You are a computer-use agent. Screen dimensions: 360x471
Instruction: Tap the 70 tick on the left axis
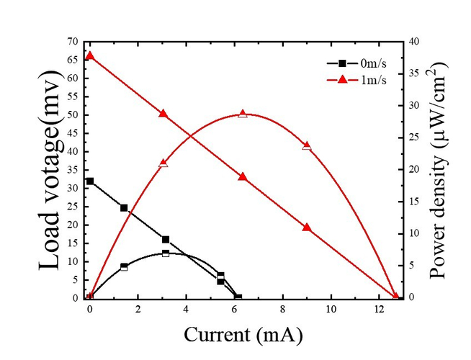click(x=73, y=42)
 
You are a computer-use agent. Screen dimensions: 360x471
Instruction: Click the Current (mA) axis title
click(x=243, y=335)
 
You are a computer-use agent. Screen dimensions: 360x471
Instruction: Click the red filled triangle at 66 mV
click(x=90, y=55)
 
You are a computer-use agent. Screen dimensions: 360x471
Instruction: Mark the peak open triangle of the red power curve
click(x=243, y=114)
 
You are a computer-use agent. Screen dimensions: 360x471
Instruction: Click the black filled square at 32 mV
click(x=90, y=181)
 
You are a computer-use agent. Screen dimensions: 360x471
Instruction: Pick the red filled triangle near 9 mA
click(x=307, y=227)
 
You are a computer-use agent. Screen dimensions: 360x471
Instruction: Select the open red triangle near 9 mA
click(x=307, y=146)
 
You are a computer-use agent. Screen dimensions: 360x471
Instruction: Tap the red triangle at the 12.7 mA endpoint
click(x=395, y=296)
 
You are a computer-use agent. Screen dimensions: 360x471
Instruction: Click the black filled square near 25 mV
click(x=124, y=208)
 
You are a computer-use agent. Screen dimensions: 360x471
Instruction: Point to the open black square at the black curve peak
click(x=166, y=253)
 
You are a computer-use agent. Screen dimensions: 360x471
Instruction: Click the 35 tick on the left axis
click(x=73, y=170)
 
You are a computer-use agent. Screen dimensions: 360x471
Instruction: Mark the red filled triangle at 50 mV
click(x=163, y=114)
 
